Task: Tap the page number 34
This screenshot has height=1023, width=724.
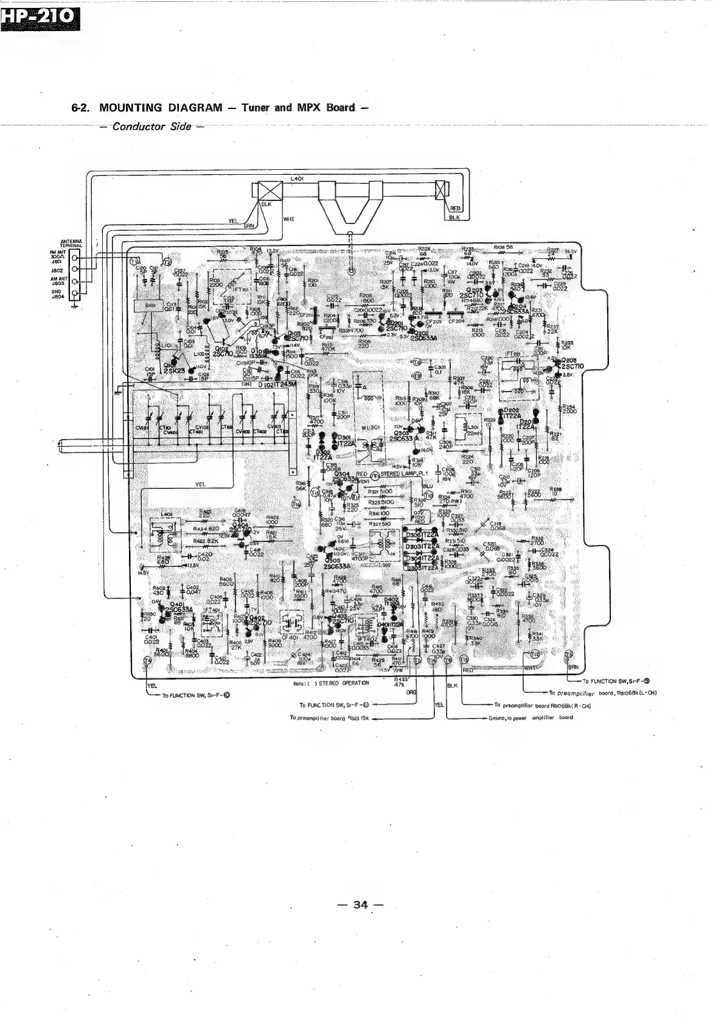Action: [x=361, y=905]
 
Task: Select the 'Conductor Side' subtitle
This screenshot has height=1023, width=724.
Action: [x=148, y=127]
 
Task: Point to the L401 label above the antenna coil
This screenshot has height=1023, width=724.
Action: [x=298, y=178]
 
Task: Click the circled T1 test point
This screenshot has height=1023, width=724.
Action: [x=134, y=261]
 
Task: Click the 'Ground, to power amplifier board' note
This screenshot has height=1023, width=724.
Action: [x=530, y=717]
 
